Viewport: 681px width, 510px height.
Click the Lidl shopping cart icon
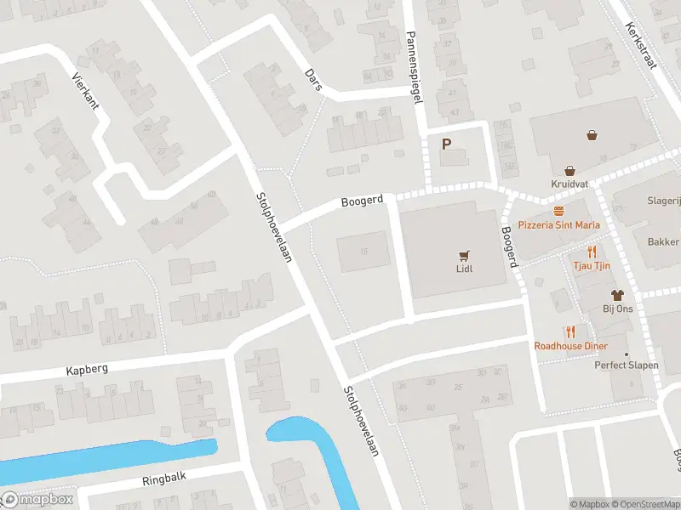point(464,254)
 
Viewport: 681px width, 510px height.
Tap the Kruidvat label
point(569,184)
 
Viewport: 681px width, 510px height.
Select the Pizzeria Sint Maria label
point(558,225)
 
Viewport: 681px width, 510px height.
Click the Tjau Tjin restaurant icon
point(592,252)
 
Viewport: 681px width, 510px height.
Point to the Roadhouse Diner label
point(570,346)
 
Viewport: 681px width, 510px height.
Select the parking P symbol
point(445,144)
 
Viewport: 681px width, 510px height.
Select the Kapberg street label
point(89,371)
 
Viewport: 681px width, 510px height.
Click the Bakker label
point(663,242)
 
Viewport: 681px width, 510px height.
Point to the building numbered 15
point(363,252)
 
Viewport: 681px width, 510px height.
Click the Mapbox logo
point(38,500)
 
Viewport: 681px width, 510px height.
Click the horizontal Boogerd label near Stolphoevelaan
point(362,202)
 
